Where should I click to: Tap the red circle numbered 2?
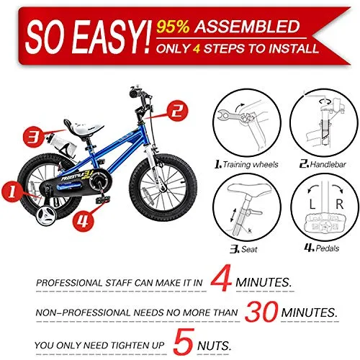coord(178,111)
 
